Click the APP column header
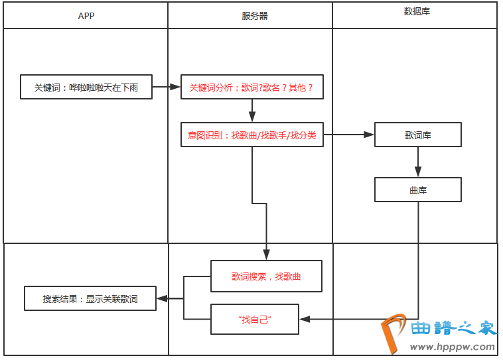[x=86, y=16]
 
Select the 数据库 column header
[x=417, y=12]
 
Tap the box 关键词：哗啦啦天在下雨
[x=86, y=87]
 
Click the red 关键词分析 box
[x=251, y=87]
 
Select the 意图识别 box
[x=251, y=135]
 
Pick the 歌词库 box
[x=418, y=135]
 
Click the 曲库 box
[x=418, y=190]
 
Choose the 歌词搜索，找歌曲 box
[x=266, y=276]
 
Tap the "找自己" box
[x=255, y=320]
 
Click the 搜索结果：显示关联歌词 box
[x=90, y=299]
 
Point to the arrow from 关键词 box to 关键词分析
[x=167, y=87]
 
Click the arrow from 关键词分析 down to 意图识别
[x=252, y=111]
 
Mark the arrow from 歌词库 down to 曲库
[x=418, y=162]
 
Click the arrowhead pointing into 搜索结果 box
[x=161, y=299]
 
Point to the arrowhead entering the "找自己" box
[x=304, y=320]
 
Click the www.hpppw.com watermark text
[x=453, y=347]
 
